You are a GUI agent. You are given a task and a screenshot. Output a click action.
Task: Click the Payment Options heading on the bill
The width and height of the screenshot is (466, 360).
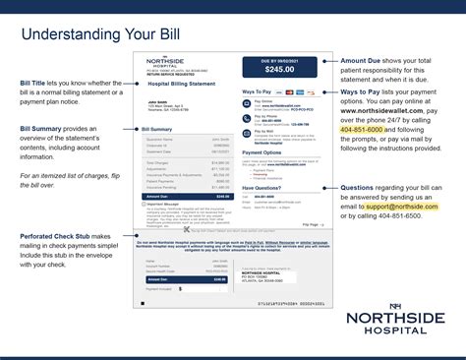pos(262,152)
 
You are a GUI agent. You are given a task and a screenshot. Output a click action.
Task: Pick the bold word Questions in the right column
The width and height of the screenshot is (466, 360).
pos(361,186)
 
